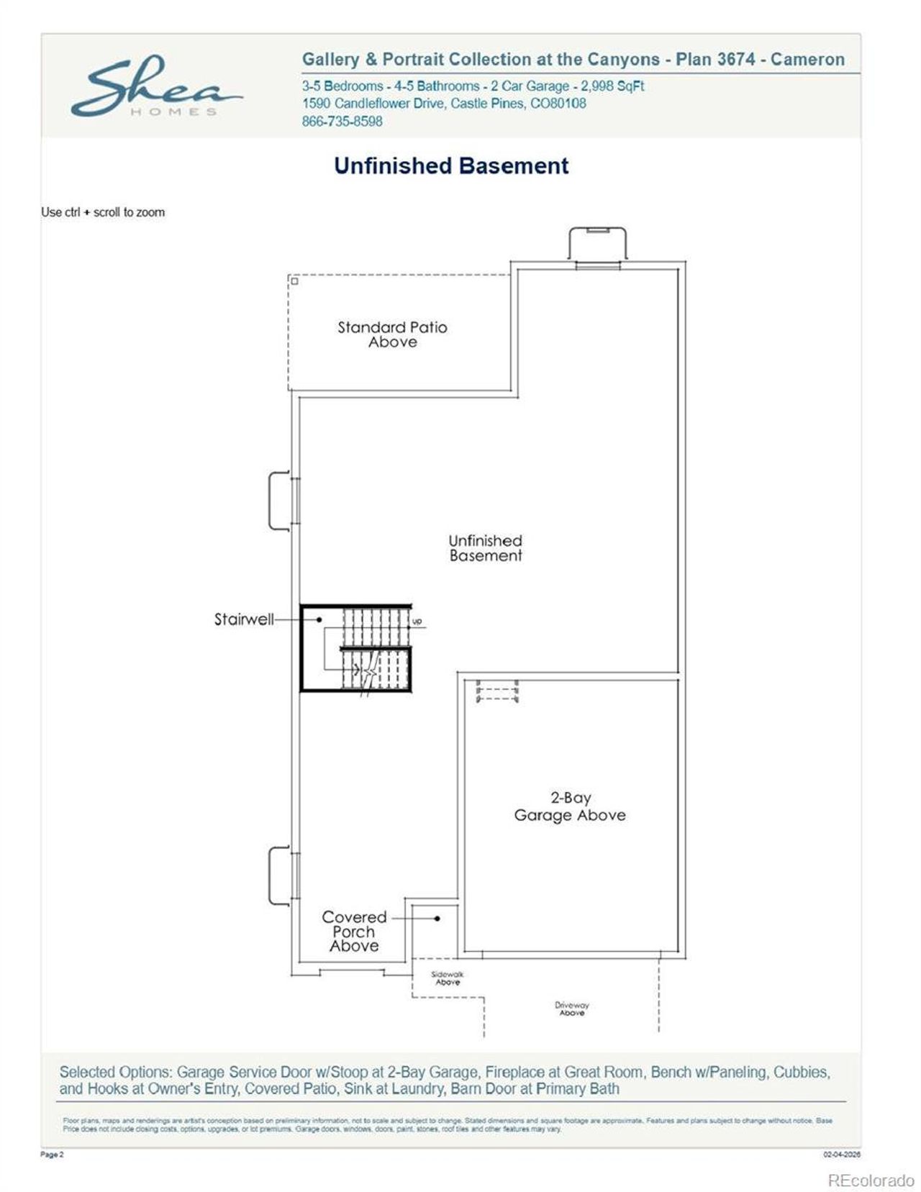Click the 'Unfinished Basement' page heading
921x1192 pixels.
(x=451, y=166)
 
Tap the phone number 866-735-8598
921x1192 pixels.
(x=342, y=122)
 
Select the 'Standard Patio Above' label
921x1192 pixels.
(x=392, y=335)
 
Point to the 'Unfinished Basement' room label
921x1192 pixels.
(x=486, y=548)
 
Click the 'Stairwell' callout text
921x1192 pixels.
(x=244, y=619)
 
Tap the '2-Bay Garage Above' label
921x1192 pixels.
(x=570, y=806)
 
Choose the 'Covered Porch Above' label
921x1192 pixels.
(x=354, y=932)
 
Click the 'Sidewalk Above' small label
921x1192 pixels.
(x=448, y=978)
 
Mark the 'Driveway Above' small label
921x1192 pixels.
(x=572, y=1009)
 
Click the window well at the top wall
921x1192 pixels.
(x=597, y=245)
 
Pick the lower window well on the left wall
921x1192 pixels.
(x=280, y=875)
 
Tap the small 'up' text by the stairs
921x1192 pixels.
(x=417, y=621)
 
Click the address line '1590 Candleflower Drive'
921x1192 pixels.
(x=444, y=104)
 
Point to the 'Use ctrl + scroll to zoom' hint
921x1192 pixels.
(x=103, y=212)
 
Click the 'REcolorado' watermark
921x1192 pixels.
(x=871, y=1180)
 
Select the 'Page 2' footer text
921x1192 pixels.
(x=52, y=1155)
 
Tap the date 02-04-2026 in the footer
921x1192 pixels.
(x=842, y=1155)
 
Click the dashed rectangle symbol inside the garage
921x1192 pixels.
(x=497, y=693)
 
